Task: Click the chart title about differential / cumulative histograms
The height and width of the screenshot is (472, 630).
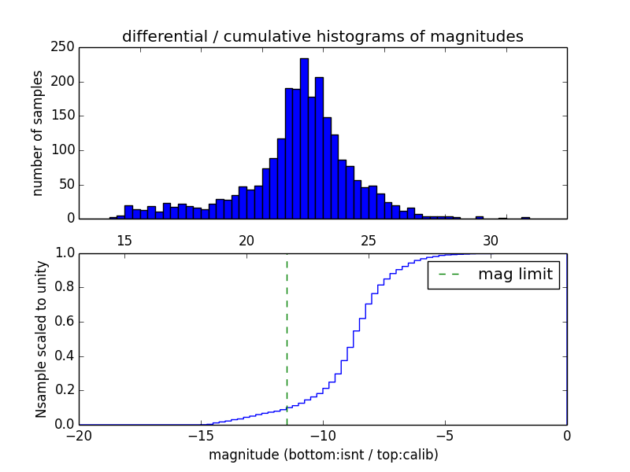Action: click(323, 36)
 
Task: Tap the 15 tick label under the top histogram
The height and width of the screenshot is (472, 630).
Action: click(124, 240)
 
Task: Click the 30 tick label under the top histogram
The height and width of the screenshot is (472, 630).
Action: click(491, 240)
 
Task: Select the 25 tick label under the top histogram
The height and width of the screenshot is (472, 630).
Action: click(369, 240)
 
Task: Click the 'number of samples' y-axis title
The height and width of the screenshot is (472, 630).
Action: click(38, 133)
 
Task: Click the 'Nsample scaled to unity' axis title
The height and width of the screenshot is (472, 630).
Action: click(41, 338)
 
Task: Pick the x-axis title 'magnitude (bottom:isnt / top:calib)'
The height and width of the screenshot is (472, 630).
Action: click(323, 455)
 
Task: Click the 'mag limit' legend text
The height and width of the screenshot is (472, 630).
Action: click(515, 275)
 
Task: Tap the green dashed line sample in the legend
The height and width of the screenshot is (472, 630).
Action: click(449, 275)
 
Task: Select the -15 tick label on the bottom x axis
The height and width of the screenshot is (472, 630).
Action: click(201, 436)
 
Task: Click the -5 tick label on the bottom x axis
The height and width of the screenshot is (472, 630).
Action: click(445, 436)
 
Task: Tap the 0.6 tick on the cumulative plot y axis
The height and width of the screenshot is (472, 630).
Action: click(63, 322)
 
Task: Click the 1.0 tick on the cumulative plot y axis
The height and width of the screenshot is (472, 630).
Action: click(63, 253)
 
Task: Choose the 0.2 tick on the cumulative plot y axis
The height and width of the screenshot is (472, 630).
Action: click(63, 390)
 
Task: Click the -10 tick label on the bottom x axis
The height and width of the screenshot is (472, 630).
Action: click(323, 436)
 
